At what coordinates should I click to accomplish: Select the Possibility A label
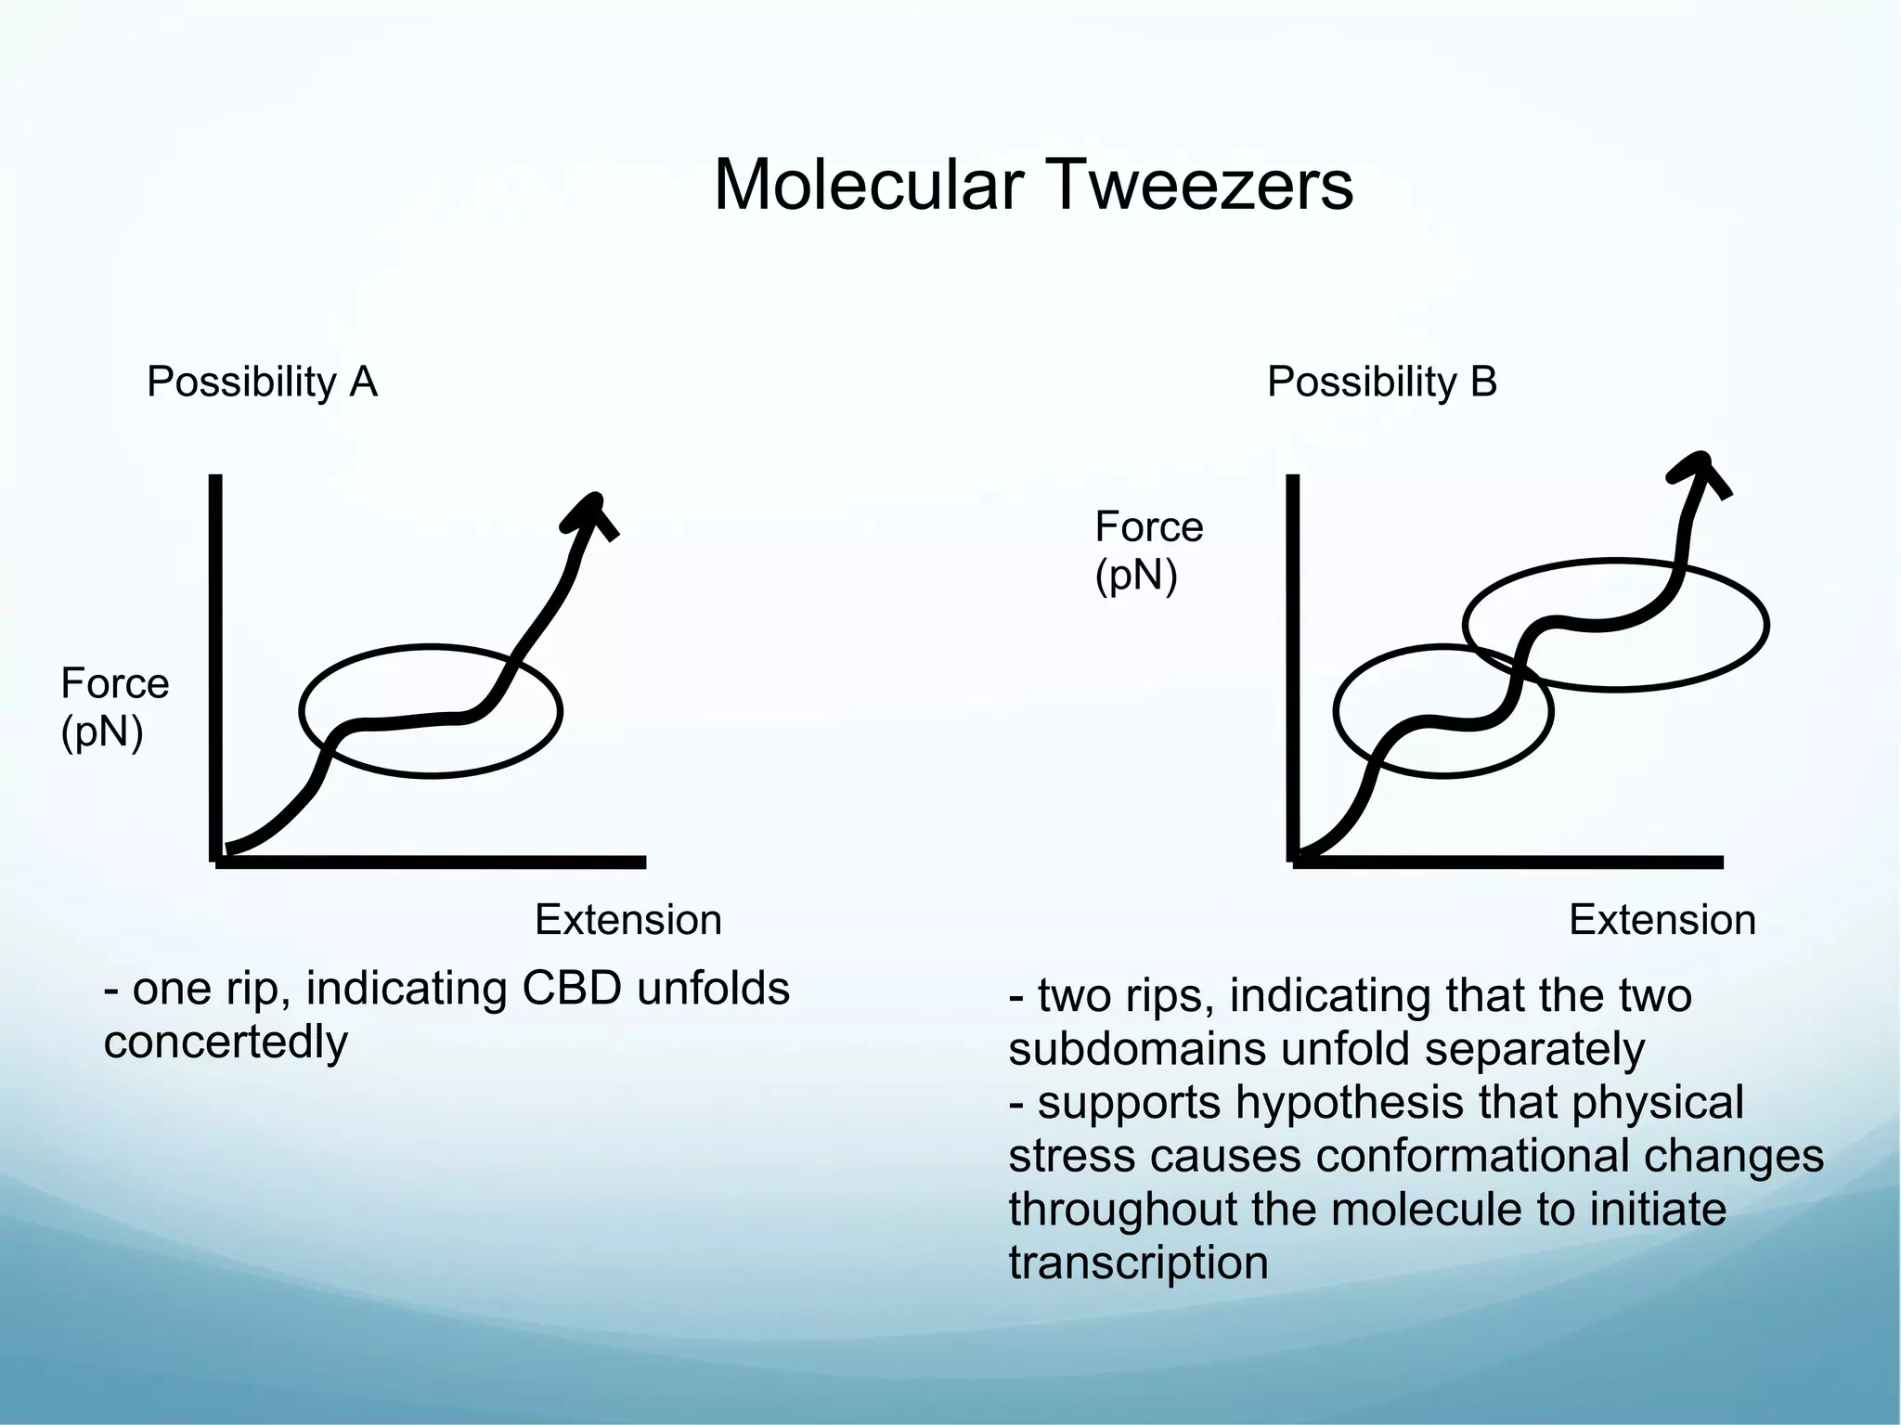(x=262, y=382)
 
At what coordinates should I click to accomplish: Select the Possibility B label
(x=1382, y=382)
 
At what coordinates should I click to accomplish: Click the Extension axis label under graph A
(x=628, y=920)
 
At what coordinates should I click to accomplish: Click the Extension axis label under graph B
(x=1662, y=920)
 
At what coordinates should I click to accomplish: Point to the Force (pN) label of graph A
(x=114, y=707)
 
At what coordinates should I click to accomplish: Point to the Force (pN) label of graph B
(x=1148, y=551)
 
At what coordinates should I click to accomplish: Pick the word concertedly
(x=226, y=1043)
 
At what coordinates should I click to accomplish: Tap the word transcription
(x=1138, y=1263)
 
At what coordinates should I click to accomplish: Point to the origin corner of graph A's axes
(x=217, y=861)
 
